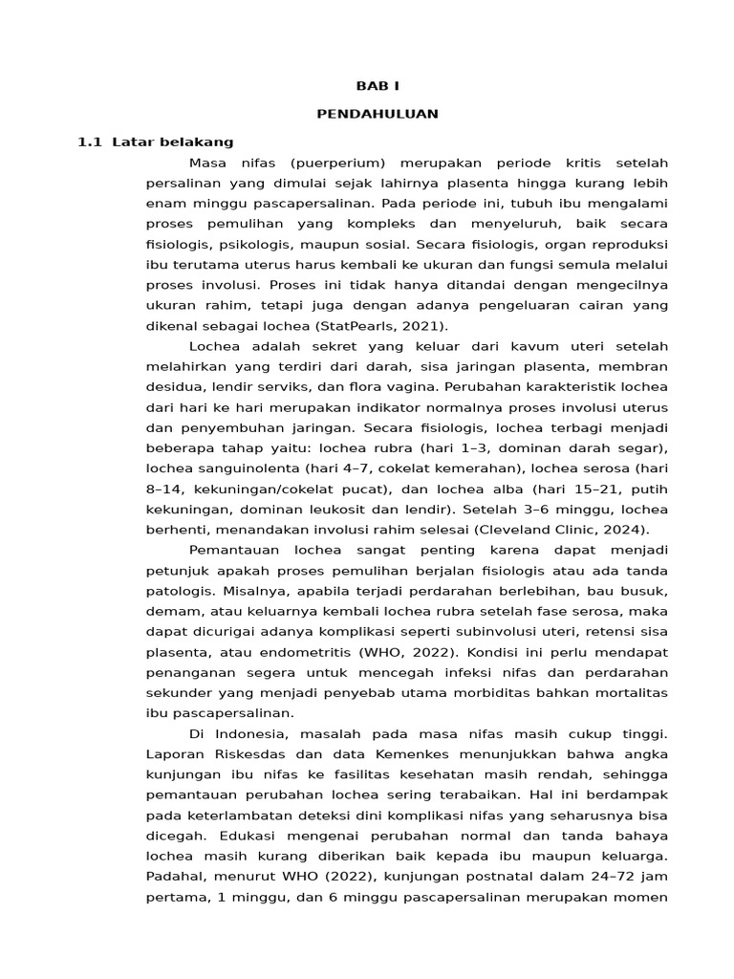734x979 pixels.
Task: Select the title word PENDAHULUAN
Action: [378, 114]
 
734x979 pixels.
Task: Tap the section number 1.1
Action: [89, 142]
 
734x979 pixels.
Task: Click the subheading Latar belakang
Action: [173, 142]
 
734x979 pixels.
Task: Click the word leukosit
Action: [367, 510]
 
